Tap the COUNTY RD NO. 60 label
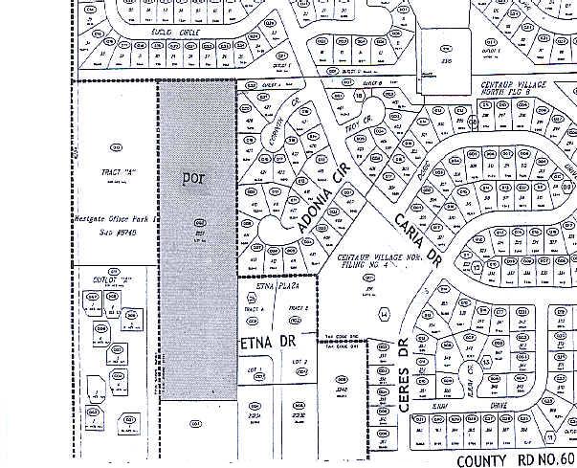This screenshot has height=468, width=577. [x=515, y=460]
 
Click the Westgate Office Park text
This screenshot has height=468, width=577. [x=112, y=218]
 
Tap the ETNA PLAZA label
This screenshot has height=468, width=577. [x=274, y=285]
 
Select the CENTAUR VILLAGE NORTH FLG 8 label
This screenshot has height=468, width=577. [x=522, y=85]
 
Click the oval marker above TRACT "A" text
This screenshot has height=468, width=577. [x=117, y=146]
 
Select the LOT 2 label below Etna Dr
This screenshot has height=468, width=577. [x=299, y=361]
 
